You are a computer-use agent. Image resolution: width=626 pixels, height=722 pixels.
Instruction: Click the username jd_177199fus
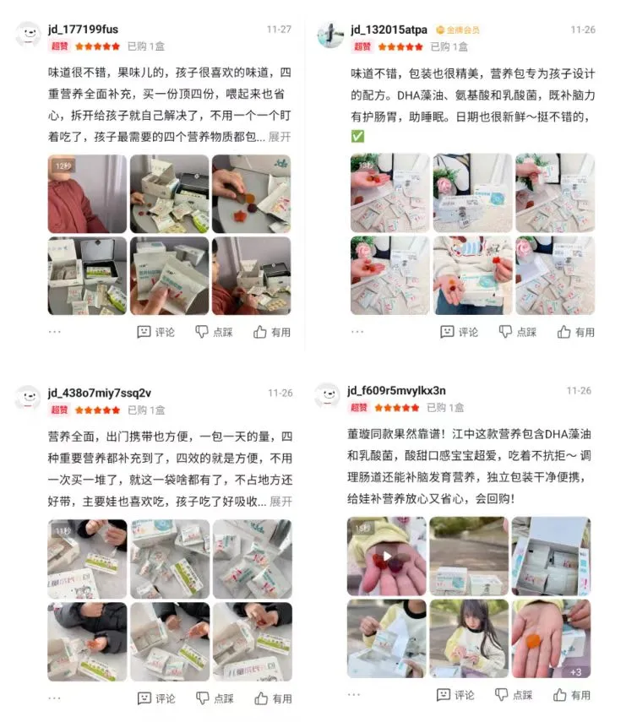pos(83,30)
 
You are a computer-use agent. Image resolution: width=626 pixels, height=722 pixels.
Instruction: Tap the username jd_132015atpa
pos(389,30)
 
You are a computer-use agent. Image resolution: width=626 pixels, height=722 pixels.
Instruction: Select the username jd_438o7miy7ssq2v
pos(100,394)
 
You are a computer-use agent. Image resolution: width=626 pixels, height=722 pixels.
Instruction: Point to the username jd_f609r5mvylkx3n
pos(396,391)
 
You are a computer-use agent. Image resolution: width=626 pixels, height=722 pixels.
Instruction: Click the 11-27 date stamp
pos(279,30)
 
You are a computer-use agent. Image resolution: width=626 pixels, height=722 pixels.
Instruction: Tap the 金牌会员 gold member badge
pos(458,30)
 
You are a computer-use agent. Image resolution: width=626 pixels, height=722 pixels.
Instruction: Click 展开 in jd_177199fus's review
pos(280,137)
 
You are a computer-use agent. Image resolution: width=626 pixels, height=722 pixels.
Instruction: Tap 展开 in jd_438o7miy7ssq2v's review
pos(280,501)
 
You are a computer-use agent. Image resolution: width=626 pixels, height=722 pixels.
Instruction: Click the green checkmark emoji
pos(357,136)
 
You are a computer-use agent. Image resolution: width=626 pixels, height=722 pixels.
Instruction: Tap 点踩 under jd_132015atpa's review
pos(518,332)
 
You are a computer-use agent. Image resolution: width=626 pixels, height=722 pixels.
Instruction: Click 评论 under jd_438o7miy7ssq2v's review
pos(156,698)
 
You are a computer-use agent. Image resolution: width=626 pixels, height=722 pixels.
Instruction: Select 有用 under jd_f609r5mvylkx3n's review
pos(572,695)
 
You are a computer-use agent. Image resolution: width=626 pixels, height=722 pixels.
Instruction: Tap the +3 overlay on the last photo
pos(575,672)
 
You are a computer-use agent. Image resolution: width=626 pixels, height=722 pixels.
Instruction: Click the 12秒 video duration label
pos(63,166)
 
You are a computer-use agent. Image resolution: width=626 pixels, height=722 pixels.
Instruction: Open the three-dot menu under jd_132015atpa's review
pos(357,332)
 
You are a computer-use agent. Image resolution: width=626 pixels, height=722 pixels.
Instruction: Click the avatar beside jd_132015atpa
pos(330,35)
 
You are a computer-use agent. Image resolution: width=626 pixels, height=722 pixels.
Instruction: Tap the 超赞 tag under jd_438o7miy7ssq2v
pos(59,410)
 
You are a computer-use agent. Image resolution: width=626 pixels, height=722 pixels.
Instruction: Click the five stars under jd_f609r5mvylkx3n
pos(396,408)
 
